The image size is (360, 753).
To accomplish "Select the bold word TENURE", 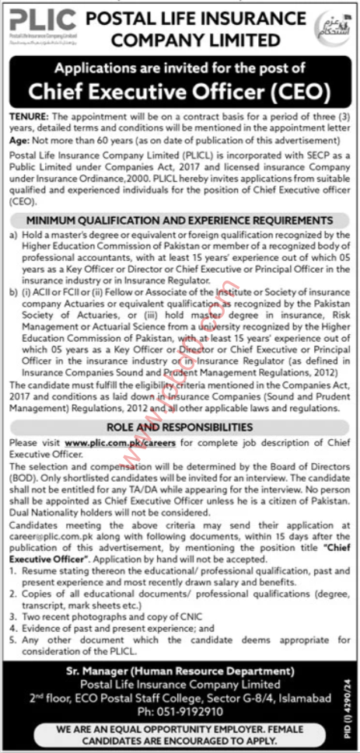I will [26, 114].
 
